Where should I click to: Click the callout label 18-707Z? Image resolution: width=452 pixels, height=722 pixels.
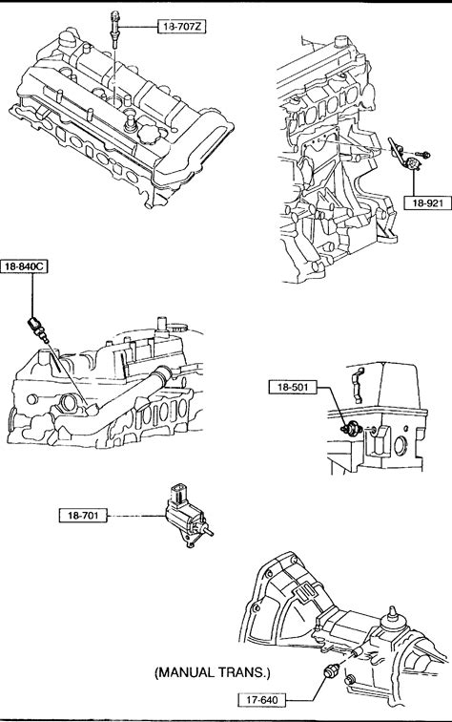(x=181, y=27)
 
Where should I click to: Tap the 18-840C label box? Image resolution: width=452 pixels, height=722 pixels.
(x=24, y=266)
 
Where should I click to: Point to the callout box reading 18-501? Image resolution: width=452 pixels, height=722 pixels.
(x=293, y=387)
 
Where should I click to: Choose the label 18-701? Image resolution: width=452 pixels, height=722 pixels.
(x=83, y=516)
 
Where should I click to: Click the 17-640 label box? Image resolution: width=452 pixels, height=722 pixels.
(x=262, y=700)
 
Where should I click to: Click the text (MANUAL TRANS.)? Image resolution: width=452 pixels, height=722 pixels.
(x=213, y=672)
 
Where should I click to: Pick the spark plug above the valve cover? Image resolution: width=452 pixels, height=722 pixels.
(x=114, y=29)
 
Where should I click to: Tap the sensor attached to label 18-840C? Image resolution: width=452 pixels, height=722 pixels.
(x=38, y=329)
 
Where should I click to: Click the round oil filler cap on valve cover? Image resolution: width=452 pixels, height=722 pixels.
(x=153, y=132)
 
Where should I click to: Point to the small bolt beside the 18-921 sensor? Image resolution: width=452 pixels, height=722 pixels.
(x=423, y=155)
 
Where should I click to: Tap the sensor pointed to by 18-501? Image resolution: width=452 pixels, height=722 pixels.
(x=351, y=429)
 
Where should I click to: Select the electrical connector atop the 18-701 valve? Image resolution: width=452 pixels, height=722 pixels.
(x=178, y=493)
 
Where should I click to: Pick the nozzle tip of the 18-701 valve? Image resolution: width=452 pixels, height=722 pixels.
(x=208, y=532)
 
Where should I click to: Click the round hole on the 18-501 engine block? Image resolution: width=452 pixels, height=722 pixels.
(x=401, y=444)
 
